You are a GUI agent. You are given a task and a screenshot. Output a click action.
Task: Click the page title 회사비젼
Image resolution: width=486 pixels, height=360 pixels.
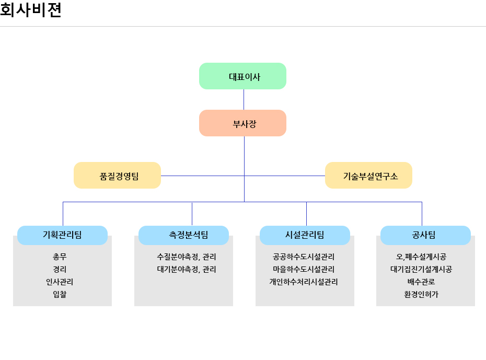point(31,10)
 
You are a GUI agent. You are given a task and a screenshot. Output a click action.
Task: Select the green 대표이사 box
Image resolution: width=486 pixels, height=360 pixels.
point(243,76)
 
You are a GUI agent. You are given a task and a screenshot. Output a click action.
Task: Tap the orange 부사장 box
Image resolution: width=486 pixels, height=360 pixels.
point(243,123)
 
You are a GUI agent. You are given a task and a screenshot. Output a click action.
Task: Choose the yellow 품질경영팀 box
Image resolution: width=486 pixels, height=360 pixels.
point(117,176)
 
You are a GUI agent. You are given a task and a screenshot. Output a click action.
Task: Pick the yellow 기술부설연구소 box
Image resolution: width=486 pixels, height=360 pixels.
point(368,176)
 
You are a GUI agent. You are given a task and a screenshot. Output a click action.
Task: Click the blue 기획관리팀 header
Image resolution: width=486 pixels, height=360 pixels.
point(62,235)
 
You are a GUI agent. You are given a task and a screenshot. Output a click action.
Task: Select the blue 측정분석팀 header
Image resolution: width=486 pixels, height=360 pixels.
point(183,235)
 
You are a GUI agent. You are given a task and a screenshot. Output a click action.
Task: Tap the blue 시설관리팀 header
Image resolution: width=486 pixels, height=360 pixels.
point(305,235)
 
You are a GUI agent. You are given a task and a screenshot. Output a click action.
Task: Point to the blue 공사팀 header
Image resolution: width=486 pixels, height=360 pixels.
point(425,235)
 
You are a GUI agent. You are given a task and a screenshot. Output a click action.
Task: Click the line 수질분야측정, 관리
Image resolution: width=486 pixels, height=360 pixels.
point(187,257)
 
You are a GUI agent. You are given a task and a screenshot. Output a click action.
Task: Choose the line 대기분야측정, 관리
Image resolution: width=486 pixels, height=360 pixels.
point(187,270)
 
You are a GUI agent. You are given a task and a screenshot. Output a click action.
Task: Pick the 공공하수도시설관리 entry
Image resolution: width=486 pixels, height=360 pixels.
point(304,257)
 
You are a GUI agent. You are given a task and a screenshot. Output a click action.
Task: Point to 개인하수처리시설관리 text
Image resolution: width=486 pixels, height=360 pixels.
point(304,282)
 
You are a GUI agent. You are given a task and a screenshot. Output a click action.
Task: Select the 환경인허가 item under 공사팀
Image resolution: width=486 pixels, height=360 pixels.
point(421,295)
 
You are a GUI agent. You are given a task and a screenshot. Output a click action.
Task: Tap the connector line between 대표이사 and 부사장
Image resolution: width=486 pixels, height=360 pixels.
point(244,99)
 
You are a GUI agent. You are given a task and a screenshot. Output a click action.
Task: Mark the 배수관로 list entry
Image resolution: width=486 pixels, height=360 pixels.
point(421,282)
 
